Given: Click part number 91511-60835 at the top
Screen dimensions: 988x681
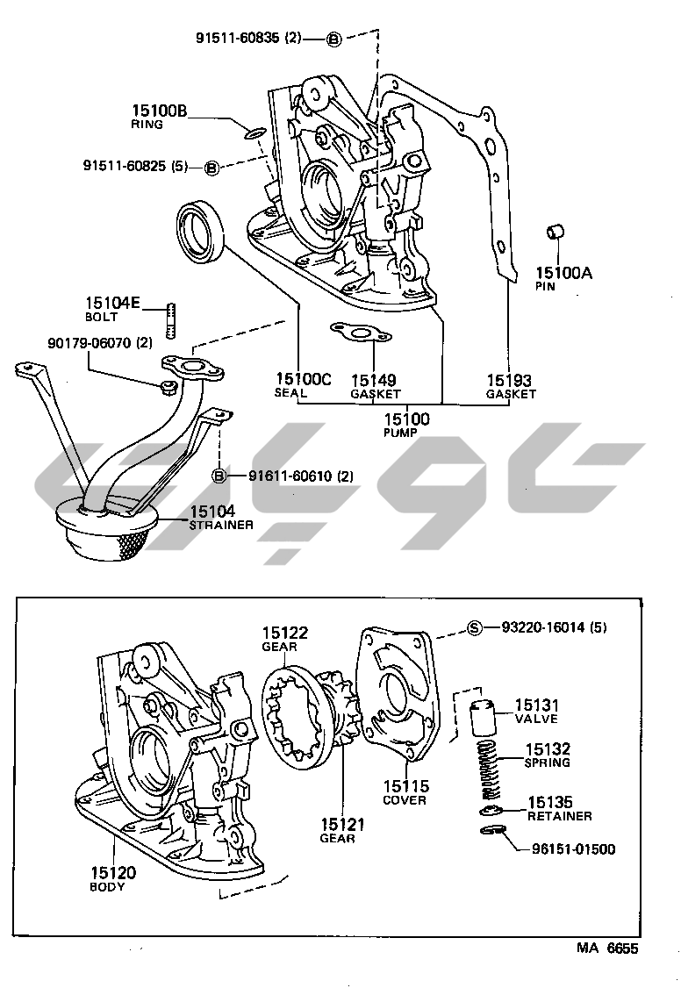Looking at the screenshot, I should click(x=238, y=38).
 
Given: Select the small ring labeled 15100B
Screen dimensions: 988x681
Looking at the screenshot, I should click(x=253, y=133).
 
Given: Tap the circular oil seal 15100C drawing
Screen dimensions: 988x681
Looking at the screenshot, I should click(x=202, y=232).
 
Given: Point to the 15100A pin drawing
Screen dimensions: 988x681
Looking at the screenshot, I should click(x=556, y=233).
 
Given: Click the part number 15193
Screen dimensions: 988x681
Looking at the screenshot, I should click(x=510, y=380).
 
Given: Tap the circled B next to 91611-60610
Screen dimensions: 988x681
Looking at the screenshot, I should click(x=219, y=476).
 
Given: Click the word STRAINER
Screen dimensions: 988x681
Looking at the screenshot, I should click(x=222, y=525).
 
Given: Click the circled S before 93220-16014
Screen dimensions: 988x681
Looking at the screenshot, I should click(x=475, y=627).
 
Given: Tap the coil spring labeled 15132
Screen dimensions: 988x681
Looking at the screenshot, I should click(x=486, y=762).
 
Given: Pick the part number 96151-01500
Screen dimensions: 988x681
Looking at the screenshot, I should click(x=573, y=849).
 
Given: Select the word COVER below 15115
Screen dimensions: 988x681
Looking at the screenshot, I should click(x=405, y=800).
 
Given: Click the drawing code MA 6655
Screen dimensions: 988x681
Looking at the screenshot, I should click(x=607, y=949).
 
